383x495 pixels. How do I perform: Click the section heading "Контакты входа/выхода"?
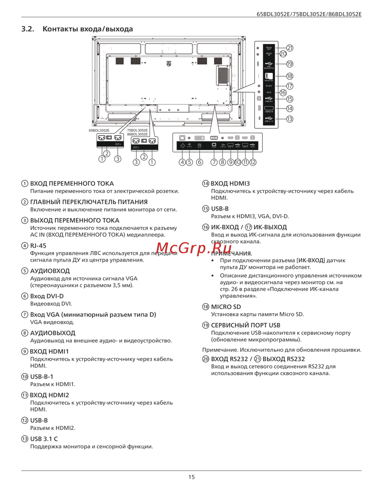coord(87,29)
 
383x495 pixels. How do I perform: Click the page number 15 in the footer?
coord(191,477)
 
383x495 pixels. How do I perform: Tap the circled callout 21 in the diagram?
coord(290,48)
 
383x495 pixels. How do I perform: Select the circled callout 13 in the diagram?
coord(290,119)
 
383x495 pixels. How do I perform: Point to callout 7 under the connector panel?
coord(214,162)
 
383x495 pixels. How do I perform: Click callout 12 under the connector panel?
coord(253,162)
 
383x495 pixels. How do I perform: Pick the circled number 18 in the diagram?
coord(290,76)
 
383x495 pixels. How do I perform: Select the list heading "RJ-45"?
coord(38,246)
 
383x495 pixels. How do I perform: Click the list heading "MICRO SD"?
coord(226,307)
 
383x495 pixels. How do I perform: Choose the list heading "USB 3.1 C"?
coord(44,439)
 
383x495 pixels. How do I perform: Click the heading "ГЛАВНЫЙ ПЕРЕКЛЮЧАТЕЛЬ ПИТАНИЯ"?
coord(89,202)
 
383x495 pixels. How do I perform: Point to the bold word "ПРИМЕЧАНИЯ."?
coord(231,253)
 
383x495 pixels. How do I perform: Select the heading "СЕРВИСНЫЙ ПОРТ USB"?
coord(246,325)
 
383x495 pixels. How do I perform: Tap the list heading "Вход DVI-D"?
coord(47,296)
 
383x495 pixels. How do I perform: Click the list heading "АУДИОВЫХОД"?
coord(53,333)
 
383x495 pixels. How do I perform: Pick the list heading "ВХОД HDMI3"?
coord(230,184)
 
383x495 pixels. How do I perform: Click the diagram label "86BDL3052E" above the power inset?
coord(137,134)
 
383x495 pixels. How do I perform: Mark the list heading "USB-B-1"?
coord(42,376)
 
